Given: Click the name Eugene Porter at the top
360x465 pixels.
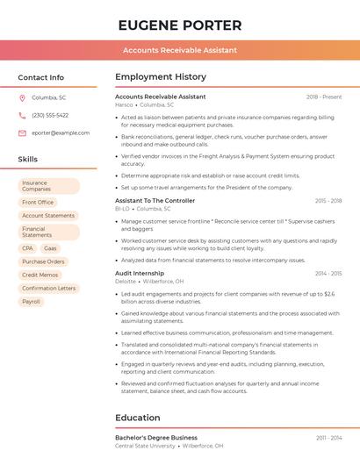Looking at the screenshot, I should tap(179, 25).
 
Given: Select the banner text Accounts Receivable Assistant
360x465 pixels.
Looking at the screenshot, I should tap(179, 50).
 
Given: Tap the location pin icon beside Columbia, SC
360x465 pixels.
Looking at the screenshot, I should tap(22, 97).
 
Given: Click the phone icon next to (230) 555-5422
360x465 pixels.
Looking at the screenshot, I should tap(22, 115).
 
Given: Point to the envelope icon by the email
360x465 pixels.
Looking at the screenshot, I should tap(22, 132).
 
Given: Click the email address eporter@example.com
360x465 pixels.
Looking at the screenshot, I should tap(61, 132).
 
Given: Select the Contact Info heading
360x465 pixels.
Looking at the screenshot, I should tap(40, 77).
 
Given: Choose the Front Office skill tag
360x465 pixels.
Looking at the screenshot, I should tap(38, 202).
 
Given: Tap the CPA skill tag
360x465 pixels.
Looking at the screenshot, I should tap(28, 248).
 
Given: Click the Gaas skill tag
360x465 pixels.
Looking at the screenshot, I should tap(50, 248).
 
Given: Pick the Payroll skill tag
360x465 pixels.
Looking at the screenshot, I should tap(32, 301).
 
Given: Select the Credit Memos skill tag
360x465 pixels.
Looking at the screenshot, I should tap(40, 275).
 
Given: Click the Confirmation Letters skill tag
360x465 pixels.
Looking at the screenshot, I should tap(49, 288).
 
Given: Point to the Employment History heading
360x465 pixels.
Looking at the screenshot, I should tap(160, 77).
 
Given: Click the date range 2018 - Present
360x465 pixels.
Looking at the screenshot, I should tap(324, 97).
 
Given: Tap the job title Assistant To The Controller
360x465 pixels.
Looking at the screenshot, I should tap(155, 201).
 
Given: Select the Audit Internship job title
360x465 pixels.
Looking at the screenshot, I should tap(139, 273).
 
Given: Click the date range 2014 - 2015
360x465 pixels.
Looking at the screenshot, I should tap(328, 273).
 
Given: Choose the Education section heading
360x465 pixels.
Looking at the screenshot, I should tap(139, 418).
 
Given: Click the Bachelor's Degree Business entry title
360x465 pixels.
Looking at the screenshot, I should tap(155, 437).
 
